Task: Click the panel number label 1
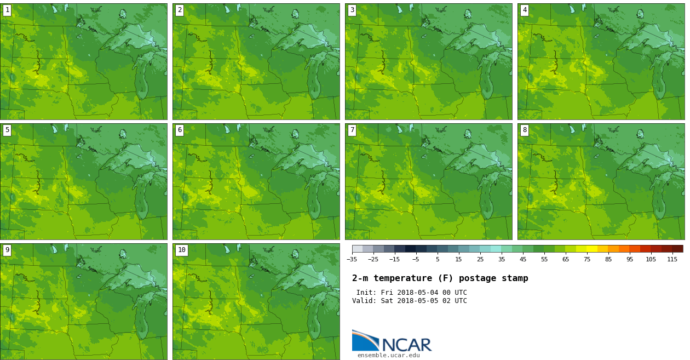(x=7, y=10)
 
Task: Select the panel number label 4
(x=525, y=10)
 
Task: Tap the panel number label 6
(x=180, y=130)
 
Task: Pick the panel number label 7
(x=352, y=130)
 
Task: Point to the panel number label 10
(x=181, y=250)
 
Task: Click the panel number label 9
(x=7, y=250)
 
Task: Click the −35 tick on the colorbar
(x=352, y=259)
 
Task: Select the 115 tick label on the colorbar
(x=672, y=259)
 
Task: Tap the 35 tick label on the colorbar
(x=502, y=259)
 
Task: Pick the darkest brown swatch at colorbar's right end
(x=677, y=249)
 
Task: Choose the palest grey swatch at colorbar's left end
(x=357, y=249)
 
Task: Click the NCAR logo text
(x=406, y=345)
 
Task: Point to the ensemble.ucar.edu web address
(x=388, y=356)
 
